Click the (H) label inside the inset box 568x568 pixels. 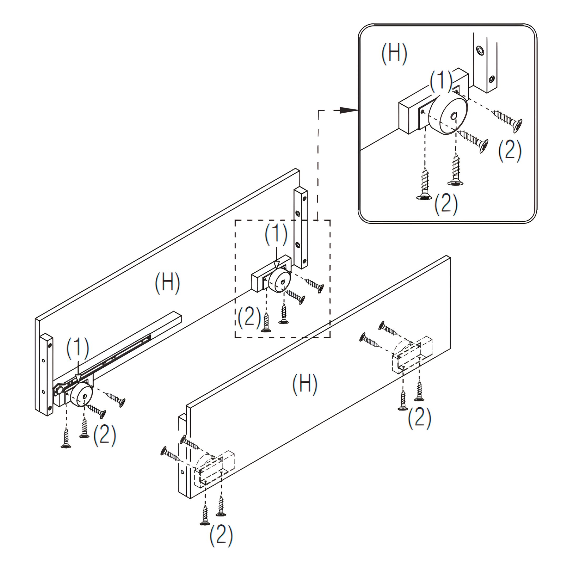pyautogui.click(x=394, y=54)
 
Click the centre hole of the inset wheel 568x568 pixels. pyautogui.click(x=454, y=116)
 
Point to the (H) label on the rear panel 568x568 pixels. pyautogui.click(x=167, y=283)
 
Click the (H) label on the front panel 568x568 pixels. pyautogui.click(x=305, y=384)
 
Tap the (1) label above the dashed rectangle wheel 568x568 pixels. pyautogui.click(x=276, y=235)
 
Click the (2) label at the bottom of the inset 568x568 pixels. pyautogui.click(x=446, y=204)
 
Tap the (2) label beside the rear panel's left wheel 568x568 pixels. pyautogui.click(x=105, y=435)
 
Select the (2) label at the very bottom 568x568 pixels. pyautogui.click(x=221, y=536)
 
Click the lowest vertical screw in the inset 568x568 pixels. pyautogui.click(x=424, y=184)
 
